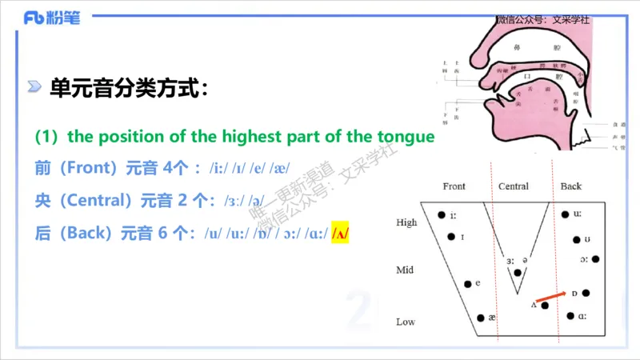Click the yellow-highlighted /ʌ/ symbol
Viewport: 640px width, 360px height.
(x=342, y=234)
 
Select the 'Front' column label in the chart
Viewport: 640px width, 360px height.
(x=454, y=186)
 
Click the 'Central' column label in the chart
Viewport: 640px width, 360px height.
(x=513, y=186)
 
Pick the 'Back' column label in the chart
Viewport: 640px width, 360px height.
(x=571, y=186)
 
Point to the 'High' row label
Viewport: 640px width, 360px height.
(x=406, y=222)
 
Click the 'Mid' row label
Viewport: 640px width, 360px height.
(x=405, y=270)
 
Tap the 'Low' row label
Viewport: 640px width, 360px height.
(x=406, y=322)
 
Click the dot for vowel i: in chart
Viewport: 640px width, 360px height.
(x=441, y=214)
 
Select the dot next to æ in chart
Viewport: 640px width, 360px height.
(x=480, y=318)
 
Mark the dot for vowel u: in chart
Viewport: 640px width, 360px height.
(x=565, y=214)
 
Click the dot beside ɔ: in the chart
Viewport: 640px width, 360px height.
(x=595, y=258)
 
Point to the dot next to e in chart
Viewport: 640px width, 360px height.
(x=467, y=283)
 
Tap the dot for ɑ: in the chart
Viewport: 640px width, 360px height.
(x=570, y=316)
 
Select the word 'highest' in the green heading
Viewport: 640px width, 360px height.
(x=218, y=136)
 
